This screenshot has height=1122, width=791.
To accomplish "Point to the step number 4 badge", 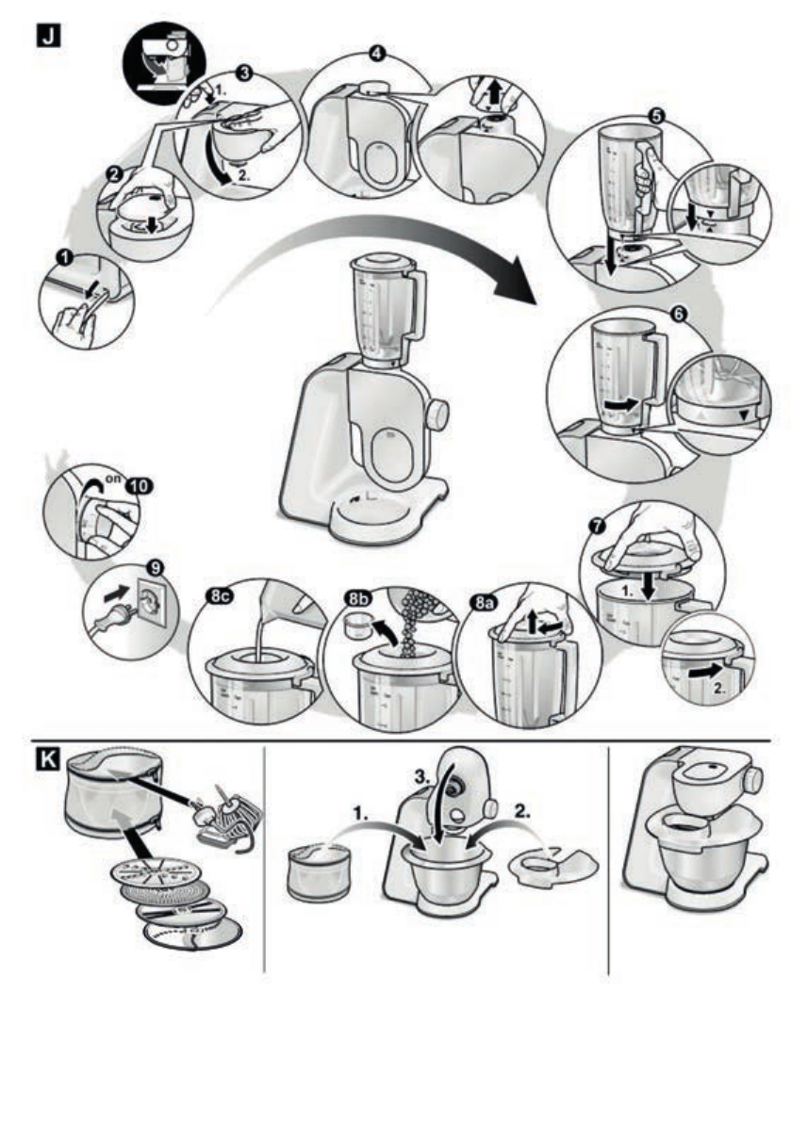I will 378,53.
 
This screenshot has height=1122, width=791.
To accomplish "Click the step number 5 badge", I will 656,115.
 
